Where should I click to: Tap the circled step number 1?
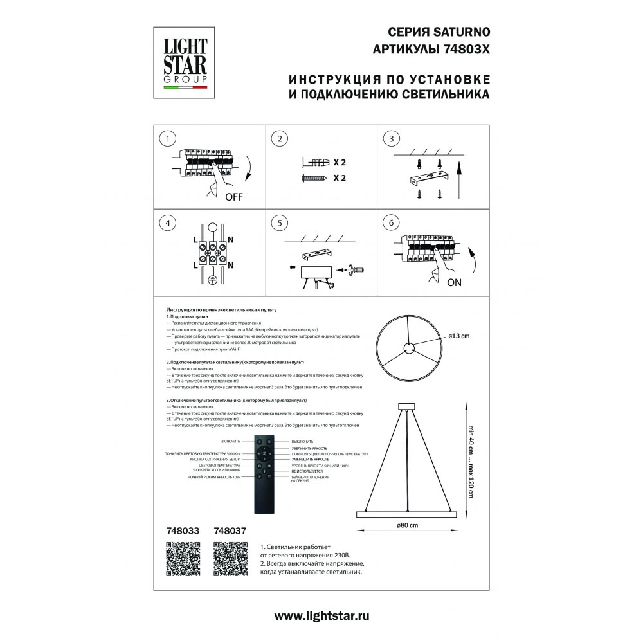[x=168, y=139]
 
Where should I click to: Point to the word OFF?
[x=234, y=197]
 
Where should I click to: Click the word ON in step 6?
[x=455, y=282]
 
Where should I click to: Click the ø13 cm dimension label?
[x=460, y=336]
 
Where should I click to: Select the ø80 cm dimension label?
[x=407, y=526]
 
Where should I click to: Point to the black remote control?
[x=264, y=475]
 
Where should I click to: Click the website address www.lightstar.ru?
[x=322, y=615]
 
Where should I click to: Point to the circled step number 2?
[x=279, y=139]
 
